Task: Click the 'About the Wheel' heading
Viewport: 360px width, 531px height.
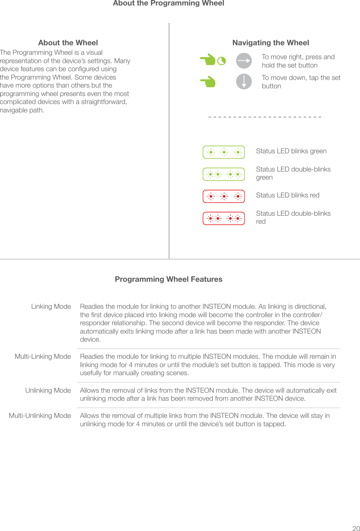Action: pos(68,43)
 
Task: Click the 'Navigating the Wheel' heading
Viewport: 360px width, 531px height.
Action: pos(271,43)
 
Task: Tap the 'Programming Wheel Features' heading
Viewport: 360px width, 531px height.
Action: pos(169,279)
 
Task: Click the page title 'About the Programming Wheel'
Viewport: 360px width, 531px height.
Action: pos(169,3)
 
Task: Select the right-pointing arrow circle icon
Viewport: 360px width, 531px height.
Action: pos(244,61)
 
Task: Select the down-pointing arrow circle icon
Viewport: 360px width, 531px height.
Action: pos(244,81)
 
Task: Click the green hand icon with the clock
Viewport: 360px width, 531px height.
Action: pos(208,59)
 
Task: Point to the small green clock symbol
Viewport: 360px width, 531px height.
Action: pos(221,61)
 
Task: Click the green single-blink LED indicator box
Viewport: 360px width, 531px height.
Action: pos(224,152)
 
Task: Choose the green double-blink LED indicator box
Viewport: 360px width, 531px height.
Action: pos(224,174)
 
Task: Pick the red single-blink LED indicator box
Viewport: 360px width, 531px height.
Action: pos(224,196)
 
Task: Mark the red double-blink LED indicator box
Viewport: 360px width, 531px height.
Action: pos(224,219)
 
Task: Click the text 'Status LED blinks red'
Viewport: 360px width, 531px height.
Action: pos(287,195)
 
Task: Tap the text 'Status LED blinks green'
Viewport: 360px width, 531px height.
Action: pos(291,151)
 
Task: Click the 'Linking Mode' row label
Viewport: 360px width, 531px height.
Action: pos(51,307)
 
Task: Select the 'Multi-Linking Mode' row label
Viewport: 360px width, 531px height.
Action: pos(43,357)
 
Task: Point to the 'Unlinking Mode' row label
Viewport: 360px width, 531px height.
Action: pos(48,390)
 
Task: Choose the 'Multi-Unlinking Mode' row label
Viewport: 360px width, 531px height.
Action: pos(40,416)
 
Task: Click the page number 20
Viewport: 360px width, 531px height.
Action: pos(356,528)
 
